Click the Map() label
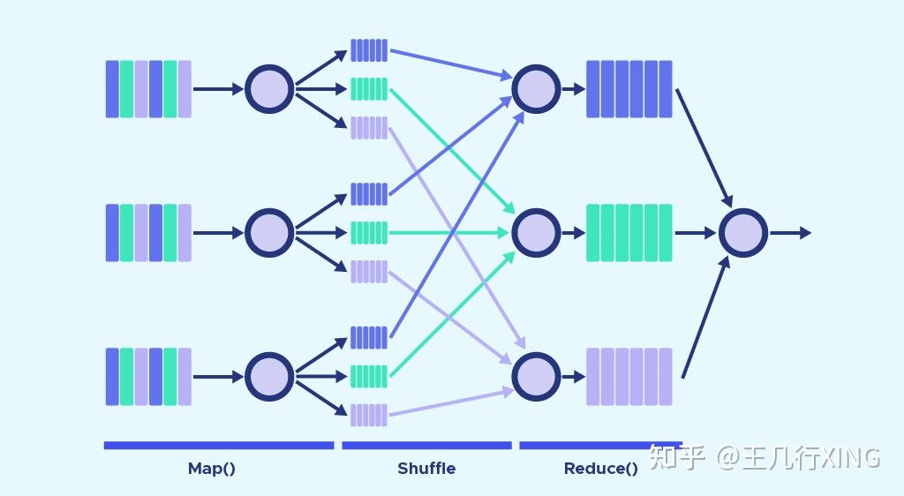212,469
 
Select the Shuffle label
426,469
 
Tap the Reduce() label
600,469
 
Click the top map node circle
268,89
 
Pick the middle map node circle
268,233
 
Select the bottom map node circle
268,377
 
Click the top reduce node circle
536,89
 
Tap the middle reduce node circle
536,233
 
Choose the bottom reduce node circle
536,377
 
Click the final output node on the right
743,233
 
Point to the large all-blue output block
629,89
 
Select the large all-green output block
629,233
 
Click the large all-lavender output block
629,377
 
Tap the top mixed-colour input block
148,89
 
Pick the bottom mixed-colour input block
148,377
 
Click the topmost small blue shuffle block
369,50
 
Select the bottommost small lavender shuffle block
369,415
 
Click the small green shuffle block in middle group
369,233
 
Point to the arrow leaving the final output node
791,233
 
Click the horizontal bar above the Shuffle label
426,446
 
